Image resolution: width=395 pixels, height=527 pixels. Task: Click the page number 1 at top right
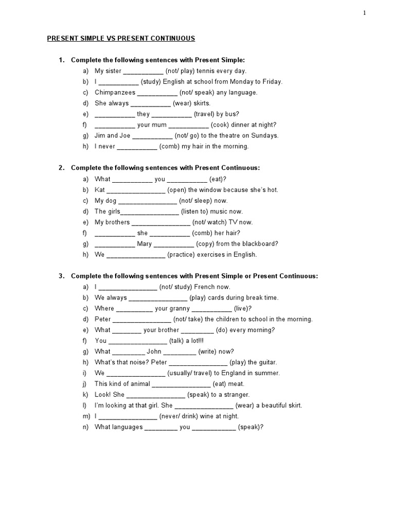[x=365, y=13]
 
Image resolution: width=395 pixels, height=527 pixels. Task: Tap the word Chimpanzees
[x=115, y=93]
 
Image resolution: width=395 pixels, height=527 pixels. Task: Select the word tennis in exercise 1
[x=207, y=71]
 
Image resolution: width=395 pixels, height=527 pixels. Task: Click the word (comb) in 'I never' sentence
[x=169, y=147]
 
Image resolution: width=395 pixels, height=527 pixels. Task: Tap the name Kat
[x=100, y=190]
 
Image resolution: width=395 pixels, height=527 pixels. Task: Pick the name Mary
[x=145, y=244]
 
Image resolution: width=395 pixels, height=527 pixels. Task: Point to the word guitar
[x=265, y=362]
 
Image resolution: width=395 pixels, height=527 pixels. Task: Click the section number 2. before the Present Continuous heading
[x=61, y=168]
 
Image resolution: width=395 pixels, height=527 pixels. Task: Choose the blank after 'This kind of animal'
[x=181, y=384]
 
